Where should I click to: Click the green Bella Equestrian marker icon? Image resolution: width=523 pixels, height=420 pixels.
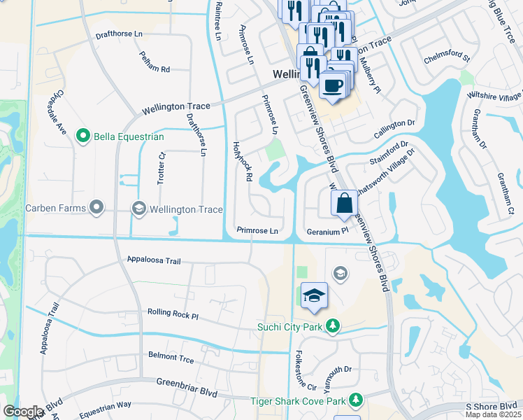click(84, 136)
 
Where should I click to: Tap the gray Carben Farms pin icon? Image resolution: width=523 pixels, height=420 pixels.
click(96, 208)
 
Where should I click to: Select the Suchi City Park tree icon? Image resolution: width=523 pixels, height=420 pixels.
click(334, 325)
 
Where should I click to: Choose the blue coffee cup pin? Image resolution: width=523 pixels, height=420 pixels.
click(332, 85)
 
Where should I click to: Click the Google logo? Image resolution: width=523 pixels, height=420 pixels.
click(24, 412)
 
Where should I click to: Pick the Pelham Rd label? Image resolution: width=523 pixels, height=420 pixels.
click(155, 62)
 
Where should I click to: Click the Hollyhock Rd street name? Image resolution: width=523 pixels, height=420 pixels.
click(241, 160)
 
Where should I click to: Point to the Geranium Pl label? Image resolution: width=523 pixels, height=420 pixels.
click(327, 231)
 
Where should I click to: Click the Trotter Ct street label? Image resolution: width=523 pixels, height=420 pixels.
click(161, 169)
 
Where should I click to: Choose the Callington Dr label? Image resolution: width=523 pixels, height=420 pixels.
click(399, 124)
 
